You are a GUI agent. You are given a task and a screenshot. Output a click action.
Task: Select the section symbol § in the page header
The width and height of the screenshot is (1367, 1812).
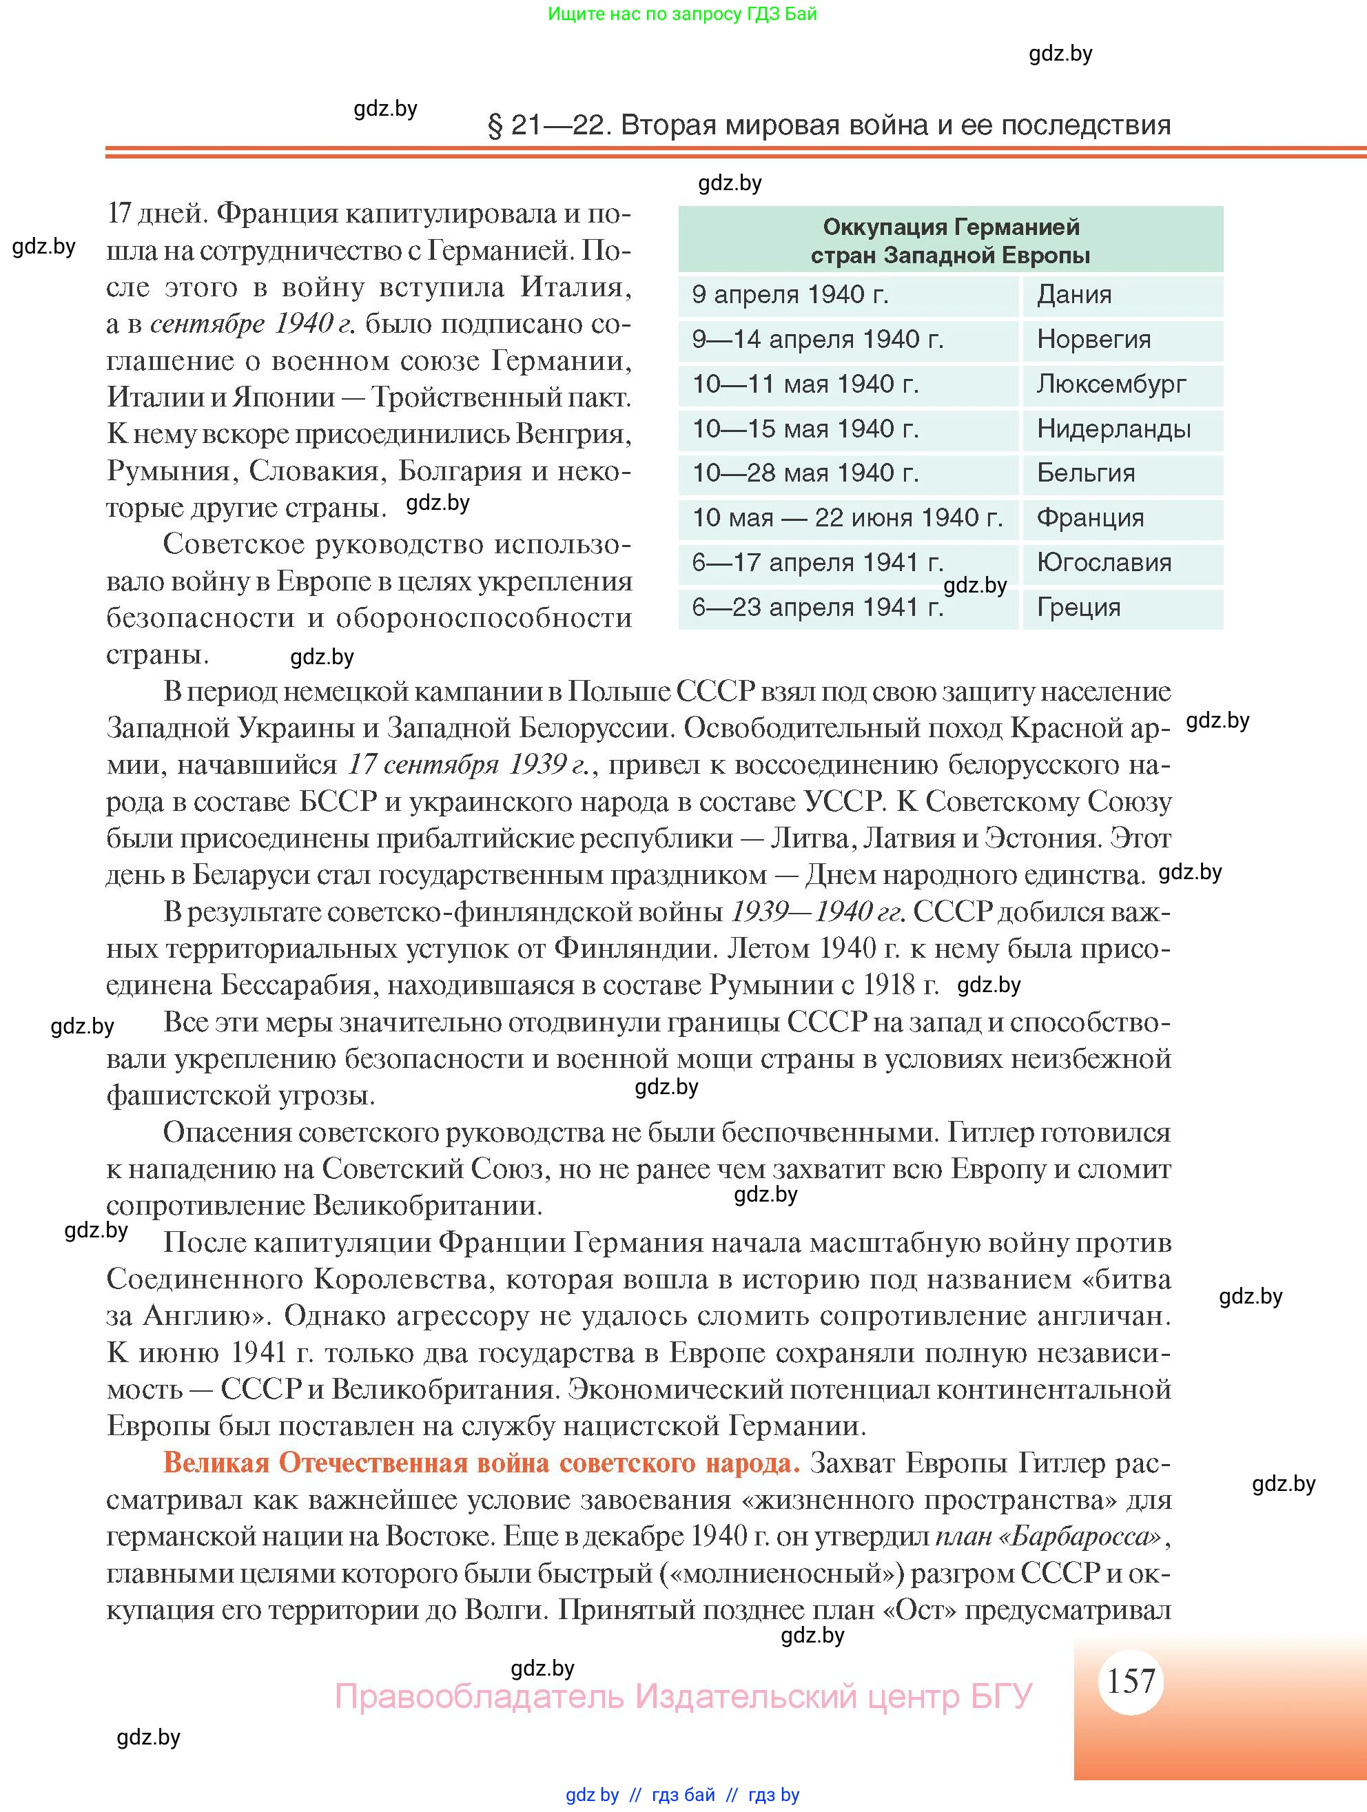click(x=495, y=126)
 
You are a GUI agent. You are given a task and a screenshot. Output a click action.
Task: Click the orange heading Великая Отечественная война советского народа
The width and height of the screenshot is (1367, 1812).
click(x=482, y=1463)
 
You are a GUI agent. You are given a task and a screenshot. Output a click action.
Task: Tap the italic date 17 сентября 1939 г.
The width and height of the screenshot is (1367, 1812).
click(x=468, y=764)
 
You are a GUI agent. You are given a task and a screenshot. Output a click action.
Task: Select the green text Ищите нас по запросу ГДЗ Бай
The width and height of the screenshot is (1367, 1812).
click(x=681, y=14)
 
